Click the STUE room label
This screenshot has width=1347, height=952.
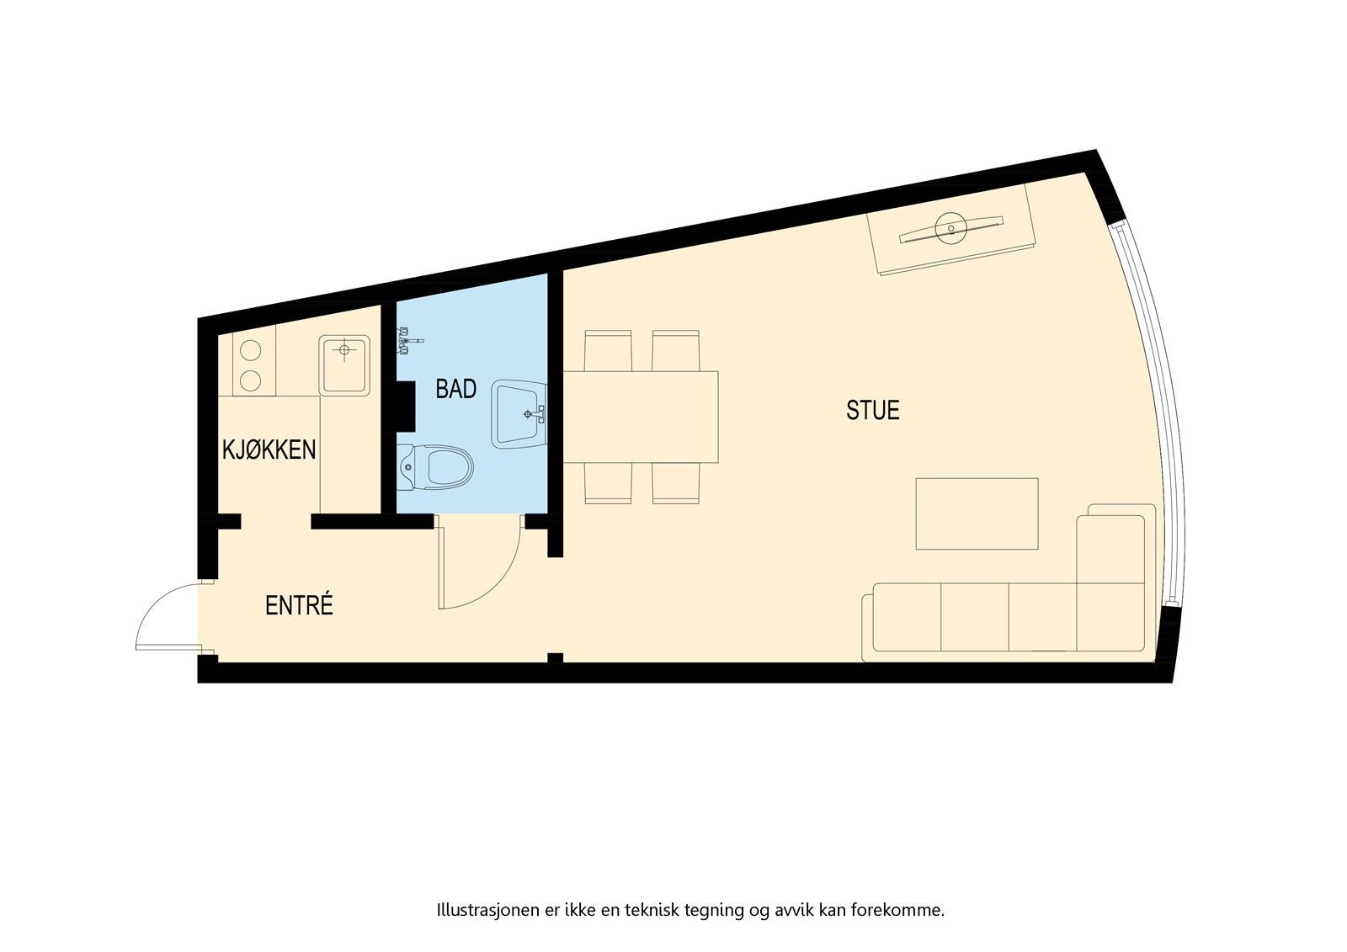[872, 411]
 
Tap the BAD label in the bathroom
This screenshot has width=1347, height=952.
[455, 389]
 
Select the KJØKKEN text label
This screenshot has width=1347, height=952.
[269, 449]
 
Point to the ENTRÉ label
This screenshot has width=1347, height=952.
[299, 605]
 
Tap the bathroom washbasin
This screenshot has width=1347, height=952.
[519, 412]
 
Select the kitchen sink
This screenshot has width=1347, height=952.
[344, 365]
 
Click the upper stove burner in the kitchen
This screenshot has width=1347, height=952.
[250, 349]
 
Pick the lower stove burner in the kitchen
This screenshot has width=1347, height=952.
[250, 380]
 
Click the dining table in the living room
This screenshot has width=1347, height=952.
[641, 417]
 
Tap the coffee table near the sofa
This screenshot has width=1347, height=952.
[977, 513]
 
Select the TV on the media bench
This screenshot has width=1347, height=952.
[952, 229]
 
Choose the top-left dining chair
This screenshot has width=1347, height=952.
[608, 350]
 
